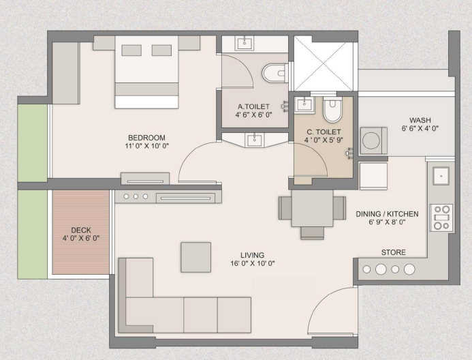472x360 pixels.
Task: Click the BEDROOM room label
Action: (x=146, y=138)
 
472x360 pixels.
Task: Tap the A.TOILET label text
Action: (x=253, y=106)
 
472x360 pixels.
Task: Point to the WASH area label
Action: (x=420, y=120)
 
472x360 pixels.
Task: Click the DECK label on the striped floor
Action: (x=81, y=230)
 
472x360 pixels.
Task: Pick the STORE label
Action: (x=394, y=252)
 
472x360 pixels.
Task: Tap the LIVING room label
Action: (x=253, y=256)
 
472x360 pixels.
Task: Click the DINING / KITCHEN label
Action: (x=387, y=214)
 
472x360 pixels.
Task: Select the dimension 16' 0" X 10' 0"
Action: (x=253, y=264)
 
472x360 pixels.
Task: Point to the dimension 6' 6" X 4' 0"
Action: (x=420, y=129)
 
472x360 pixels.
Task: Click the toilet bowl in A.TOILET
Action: (x=273, y=73)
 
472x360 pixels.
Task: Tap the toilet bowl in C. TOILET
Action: (x=332, y=110)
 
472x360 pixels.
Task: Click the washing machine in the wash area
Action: (x=373, y=140)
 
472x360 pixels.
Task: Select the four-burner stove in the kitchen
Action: (x=441, y=217)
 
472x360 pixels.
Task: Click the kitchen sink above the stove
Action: (x=441, y=176)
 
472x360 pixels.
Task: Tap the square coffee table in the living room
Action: (x=196, y=257)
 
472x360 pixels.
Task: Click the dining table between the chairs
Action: (x=312, y=208)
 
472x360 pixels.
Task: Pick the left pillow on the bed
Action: (x=131, y=50)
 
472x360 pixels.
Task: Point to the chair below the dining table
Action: (x=313, y=233)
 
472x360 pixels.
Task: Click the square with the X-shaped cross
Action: (x=323, y=63)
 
